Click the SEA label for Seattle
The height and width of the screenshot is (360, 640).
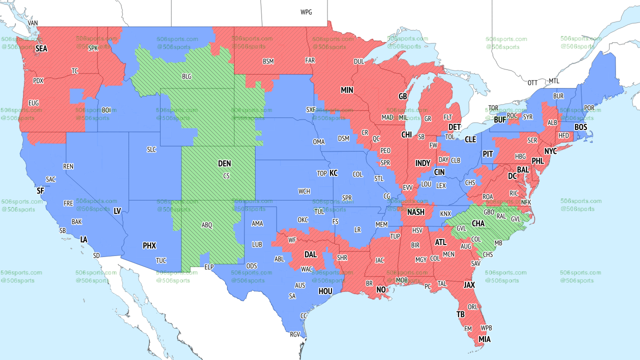coord(41,49)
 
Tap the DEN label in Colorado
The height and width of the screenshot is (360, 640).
coord(224,164)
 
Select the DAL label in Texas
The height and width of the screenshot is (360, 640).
coord(311,254)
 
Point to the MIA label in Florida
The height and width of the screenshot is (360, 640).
coord(484,339)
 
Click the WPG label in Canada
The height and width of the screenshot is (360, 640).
coord(306,12)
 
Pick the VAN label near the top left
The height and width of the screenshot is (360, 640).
coord(33,23)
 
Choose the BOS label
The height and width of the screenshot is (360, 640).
coord(580,127)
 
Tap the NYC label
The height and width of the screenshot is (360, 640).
coord(550,151)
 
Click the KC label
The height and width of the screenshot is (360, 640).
coord(333,173)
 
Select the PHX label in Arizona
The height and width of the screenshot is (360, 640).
coord(149,246)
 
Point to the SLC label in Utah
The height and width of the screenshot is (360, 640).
coord(151,149)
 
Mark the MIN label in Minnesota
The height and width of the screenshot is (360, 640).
coord(347,90)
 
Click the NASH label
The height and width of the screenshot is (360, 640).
coord(415,212)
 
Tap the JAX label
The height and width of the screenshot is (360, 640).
coord(469,285)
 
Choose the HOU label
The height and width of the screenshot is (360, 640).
coord(325,291)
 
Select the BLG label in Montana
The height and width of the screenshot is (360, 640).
coord(186,77)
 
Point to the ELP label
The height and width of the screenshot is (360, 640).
coord(209,267)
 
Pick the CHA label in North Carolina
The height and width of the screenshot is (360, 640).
coord(478,223)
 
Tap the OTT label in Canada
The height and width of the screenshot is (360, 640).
coord(533,82)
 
